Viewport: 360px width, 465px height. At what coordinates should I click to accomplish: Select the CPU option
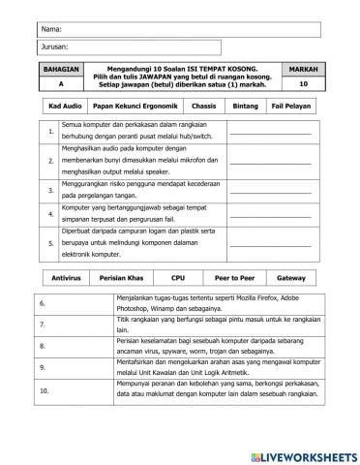coord(177,276)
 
